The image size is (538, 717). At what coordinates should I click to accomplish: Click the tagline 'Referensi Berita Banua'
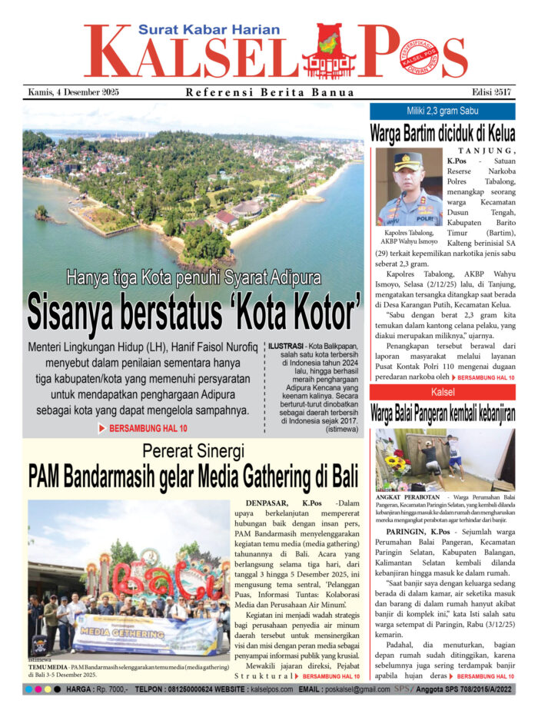click(270, 93)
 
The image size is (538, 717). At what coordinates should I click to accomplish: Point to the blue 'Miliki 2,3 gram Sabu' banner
click(442, 111)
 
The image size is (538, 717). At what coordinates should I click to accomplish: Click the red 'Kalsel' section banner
click(442, 392)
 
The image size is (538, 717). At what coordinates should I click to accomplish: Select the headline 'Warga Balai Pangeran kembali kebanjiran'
click(442, 414)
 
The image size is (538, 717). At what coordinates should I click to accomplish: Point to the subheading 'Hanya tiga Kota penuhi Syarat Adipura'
click(193, 278)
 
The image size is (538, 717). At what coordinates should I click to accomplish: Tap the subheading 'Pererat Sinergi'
click(193, 451)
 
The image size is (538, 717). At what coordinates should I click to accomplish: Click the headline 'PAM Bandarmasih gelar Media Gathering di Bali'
click(193, 477)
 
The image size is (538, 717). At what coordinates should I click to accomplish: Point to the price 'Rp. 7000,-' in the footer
click(107, 691)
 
